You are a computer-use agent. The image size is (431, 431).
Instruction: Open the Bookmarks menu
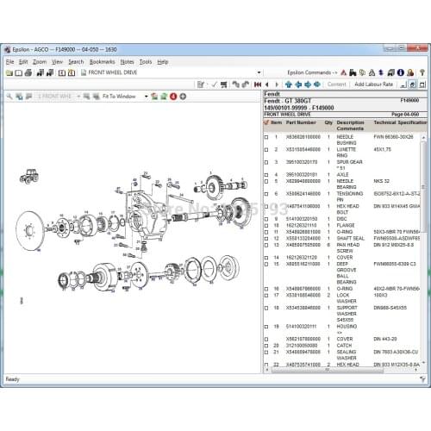[102, 62]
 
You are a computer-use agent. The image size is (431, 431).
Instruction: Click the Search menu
[76, 62]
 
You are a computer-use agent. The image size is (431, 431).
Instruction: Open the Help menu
[163, 62]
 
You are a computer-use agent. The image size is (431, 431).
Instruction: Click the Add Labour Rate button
[372, 84]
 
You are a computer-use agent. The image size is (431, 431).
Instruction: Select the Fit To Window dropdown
[123, 97]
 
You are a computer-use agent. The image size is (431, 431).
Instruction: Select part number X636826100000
[302, 135]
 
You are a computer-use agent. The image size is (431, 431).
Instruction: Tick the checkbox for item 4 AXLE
[265, 173]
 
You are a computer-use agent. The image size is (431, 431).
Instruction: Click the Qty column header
[328, 122]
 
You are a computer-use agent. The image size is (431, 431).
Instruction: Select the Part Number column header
[301, 122]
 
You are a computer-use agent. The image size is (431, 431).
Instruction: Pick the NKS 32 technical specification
[383, 181]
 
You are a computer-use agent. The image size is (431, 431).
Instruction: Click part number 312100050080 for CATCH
[302, 345]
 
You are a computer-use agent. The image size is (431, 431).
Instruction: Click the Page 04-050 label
[404, 114]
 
